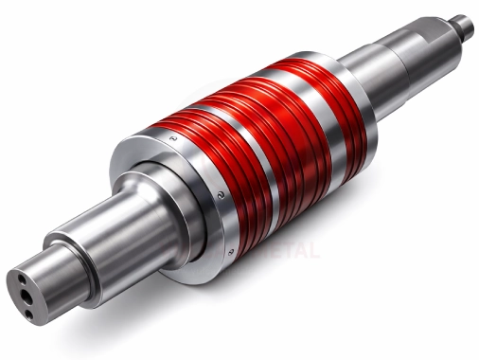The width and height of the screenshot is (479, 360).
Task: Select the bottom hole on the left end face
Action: (x=28, y=312)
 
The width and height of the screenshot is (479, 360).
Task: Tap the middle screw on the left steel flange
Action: (x=219, y=192)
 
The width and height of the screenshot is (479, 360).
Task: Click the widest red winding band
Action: (x=204, y=161)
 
